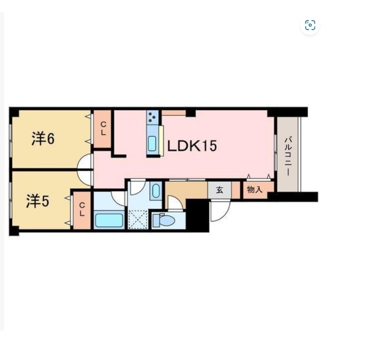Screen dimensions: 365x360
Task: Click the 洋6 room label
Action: (x=43, y=139)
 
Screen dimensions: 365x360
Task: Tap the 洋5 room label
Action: (x=37, y=201)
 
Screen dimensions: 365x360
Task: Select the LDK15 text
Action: (x=192, y=146)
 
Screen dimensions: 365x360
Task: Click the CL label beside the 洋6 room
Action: (x=103, y=129)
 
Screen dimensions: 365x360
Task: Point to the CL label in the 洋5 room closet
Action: (x=81, y=209)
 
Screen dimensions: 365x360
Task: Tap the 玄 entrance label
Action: (x=219, y=190)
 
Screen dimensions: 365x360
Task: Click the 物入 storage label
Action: (x=255, y=190)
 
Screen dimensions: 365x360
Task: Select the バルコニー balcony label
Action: (x=288, y=157)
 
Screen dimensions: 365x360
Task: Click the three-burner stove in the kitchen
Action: (x=152, y=117)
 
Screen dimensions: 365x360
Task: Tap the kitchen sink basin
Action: (x=152, y=144)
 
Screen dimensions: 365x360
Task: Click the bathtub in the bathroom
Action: (x=109, y=220)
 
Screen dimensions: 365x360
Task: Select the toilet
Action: (x=163, y=220)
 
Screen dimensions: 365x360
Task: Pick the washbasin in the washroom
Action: (x=156, y=191)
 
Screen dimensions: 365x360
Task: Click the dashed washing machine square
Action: (x=138, y=220)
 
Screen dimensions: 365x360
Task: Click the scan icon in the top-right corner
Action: (x=310, y=25)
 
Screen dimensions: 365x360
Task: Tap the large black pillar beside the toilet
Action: (x=197, y=216)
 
